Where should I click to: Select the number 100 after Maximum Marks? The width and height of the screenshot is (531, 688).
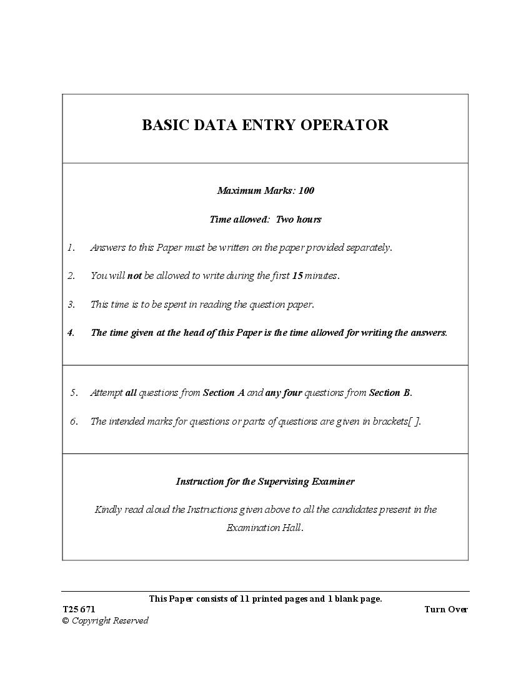[306, 191]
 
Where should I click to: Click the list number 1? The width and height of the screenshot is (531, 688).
[71, 248]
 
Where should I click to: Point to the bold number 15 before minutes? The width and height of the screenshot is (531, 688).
[297, 276]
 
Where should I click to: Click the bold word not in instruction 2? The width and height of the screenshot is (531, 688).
[134, 276]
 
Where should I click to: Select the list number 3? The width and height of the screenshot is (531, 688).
[71, 305]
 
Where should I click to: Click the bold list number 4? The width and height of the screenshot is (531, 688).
[71, 333]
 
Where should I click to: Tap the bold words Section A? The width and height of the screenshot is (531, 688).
[224, 393]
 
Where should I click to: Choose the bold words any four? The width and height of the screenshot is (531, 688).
[284, 393]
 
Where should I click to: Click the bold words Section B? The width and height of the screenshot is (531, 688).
[390, 393]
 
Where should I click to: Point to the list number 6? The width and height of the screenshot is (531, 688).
[74, 422]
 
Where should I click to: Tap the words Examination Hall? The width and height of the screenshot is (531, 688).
[264, 528]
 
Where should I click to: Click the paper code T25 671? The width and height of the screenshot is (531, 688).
[79, 610]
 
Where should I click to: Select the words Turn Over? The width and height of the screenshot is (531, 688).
[445, 610]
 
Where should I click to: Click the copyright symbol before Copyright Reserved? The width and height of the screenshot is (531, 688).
[65, 621]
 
